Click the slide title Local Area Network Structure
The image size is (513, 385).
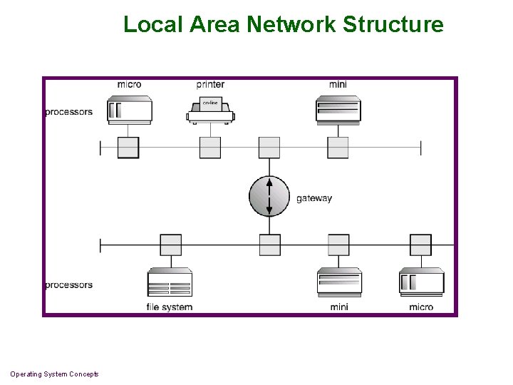pyautogui.click(x=283, y=24)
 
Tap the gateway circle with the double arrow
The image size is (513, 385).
pyautogui.click(x=269, y=195)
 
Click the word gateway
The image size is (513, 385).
pyautogui.click(x=314, y=198)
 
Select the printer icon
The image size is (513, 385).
pyautogui.click(x=210, y=111)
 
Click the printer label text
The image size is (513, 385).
pyautogui.click(x=210, y=84)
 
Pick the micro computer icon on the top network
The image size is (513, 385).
pyautogui.click(x=129, y=110)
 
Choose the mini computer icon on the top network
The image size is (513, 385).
pyautogui.click(x=338, y=110)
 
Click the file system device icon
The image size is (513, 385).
pyautogui.click(x=170, y=282)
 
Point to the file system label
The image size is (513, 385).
pyautogui.click(x=170, y=307)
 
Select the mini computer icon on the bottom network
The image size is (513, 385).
pyautogui.click(x=338, y=282)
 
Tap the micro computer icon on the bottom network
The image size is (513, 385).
pyautogui.click(x=421, y=282)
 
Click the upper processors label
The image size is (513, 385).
pyautogui.click(x=68, y=112)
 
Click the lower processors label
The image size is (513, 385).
pyautogui.click(x=68, y=285)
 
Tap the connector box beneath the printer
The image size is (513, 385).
pyautogui.click(x=210, y=148)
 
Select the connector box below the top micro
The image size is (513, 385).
pyautogui.click(x=128, y=148)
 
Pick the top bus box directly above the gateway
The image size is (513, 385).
pyautogui.click(x=269, y=148)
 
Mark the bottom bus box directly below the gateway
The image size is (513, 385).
pyautogui.click(x=269, y=245)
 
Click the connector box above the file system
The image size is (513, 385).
pyautogui.click(x=171, y=245)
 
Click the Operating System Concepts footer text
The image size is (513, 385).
pyautogui.click(x=54, y=374)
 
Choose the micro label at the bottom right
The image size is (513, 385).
pyautogui.click(x=421, y=307)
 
